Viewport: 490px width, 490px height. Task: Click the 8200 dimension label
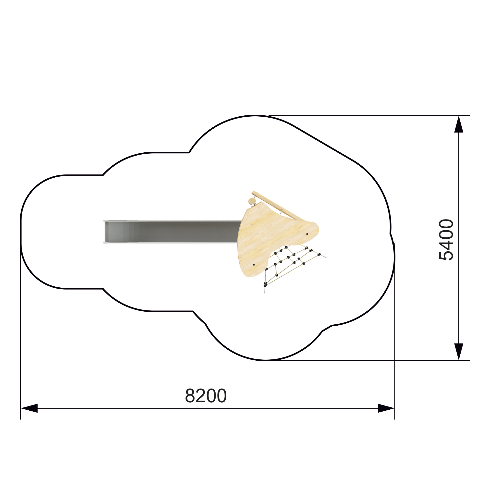pyautogui.click(x=206, y=396)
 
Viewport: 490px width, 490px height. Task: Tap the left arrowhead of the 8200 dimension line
pyautogui.click(x=29, y=408)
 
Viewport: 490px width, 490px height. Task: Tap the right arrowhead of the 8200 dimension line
pyautogui.click(x=386, y=408)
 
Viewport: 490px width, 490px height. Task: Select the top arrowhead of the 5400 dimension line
pyautogui.click(x=459, y=124)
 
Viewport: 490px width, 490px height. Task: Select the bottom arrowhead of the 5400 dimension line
pyautogui.click(x=459, y=352)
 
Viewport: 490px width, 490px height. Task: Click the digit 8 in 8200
pyautogui.click(x=190, y=396)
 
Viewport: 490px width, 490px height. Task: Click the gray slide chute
pyautogui.click(x=172, y=232)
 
